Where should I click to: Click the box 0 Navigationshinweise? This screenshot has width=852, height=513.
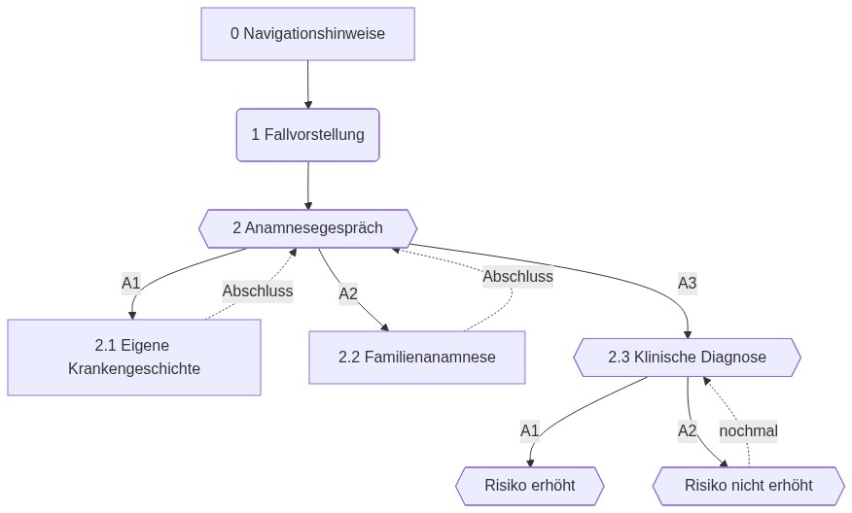[307, 34]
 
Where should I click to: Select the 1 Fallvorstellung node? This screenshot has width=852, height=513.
[307, 134]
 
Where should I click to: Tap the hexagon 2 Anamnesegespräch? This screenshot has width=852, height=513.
[307, 228]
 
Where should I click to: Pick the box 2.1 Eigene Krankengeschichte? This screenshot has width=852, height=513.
[134, 357]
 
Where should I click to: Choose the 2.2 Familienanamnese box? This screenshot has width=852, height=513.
[416, 357]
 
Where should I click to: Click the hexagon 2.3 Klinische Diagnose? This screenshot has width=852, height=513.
[687, 357]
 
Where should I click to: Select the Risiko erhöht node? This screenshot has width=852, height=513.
[529, 485]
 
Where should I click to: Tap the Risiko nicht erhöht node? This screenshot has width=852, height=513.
[748, 485]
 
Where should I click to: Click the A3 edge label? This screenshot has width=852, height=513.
[687, 284]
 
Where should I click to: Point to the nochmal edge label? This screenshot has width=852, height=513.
[748, 430]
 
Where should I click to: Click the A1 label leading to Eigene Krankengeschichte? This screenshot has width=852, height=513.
[131, 283]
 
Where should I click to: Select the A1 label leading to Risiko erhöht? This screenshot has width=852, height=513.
[529, 430]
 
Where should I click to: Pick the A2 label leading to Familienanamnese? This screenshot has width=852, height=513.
[348, 293]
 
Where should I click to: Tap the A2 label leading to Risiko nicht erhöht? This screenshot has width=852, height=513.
[688, 430]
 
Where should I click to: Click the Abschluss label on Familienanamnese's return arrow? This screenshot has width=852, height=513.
[517, 276]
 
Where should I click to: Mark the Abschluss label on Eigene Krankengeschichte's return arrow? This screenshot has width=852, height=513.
[257, 291]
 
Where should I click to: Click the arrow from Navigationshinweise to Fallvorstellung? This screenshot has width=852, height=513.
[308, 85]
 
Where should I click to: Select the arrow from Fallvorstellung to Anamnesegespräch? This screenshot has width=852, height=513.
[308, 185]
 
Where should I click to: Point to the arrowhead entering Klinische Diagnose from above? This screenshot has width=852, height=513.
[688, 333]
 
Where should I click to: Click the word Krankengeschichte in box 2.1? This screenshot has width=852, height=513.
[134, 369]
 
